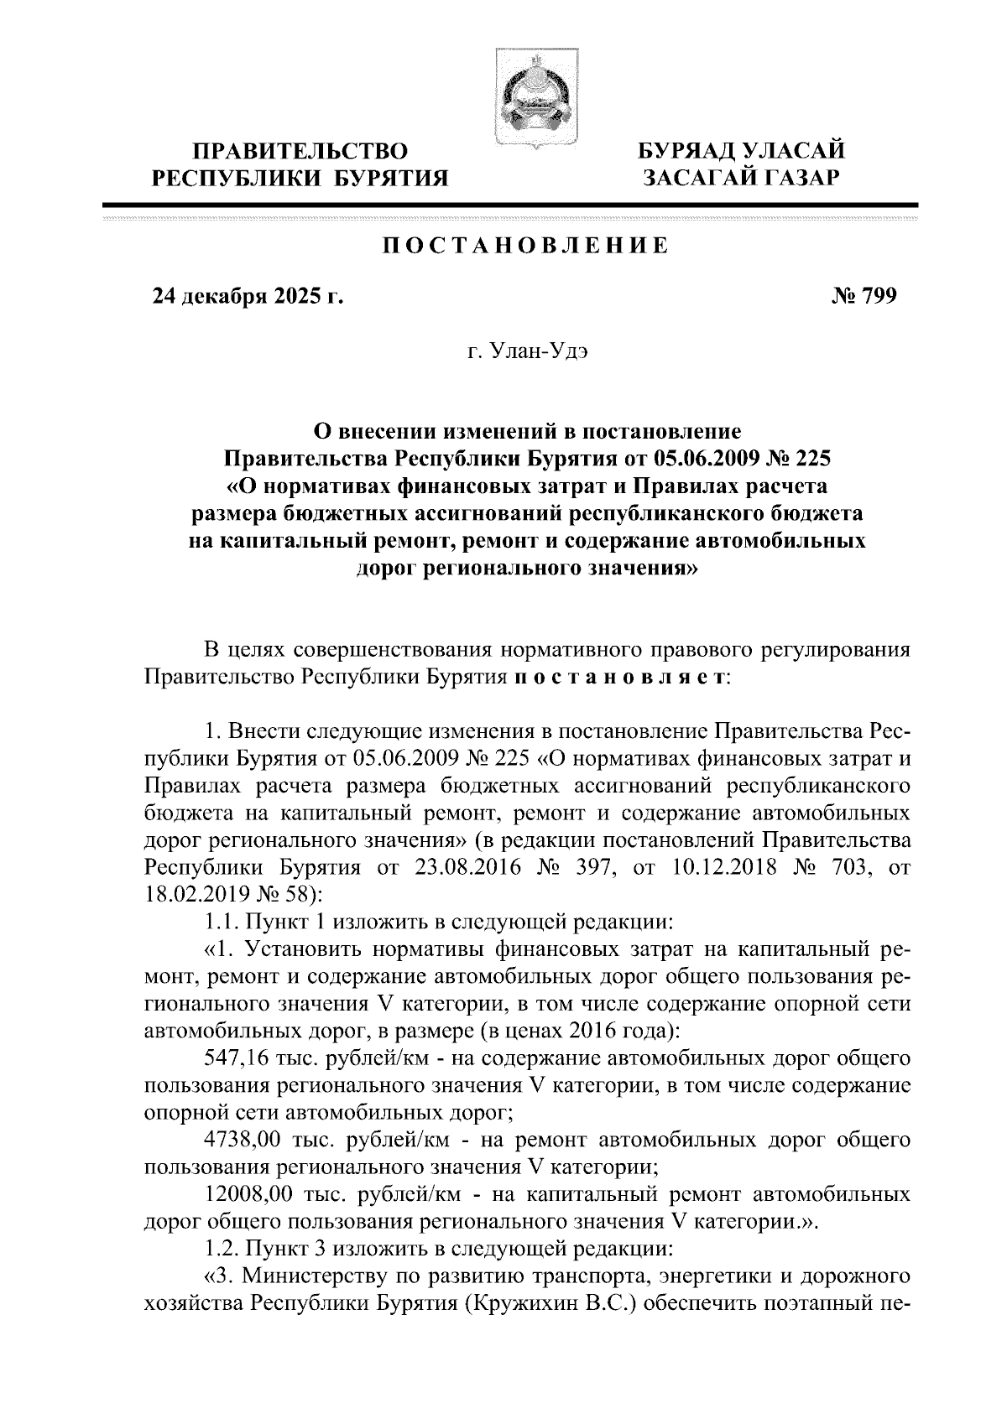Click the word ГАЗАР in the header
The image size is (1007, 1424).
click(x=801, y=178)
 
